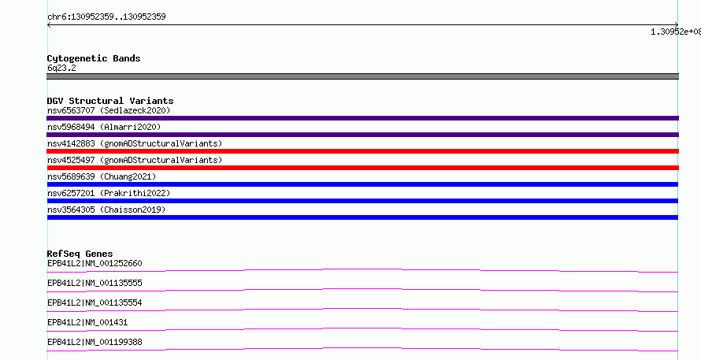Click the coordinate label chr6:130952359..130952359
point(106,17)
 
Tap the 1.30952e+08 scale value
point(676,32)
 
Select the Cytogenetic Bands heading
point(94,58)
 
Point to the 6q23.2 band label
point(61,68)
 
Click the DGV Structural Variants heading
point(110,101)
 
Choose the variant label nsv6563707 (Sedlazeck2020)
point(109,110)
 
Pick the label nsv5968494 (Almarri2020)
point(104,127)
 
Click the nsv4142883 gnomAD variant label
point(135,143)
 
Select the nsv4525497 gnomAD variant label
point(135,160)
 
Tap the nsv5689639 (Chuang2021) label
point(102,176)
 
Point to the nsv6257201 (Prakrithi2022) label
point(109,193)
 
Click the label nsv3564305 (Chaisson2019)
point(106,210)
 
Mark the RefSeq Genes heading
point(80,254)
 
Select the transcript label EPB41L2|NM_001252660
point(95,263)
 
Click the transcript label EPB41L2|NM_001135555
point(95,283)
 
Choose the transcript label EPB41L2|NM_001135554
point(95,302)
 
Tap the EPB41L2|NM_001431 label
point(87,322)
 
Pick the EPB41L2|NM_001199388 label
point(95,342)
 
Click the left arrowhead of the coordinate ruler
point(48,25)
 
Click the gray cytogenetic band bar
point(362,76)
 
